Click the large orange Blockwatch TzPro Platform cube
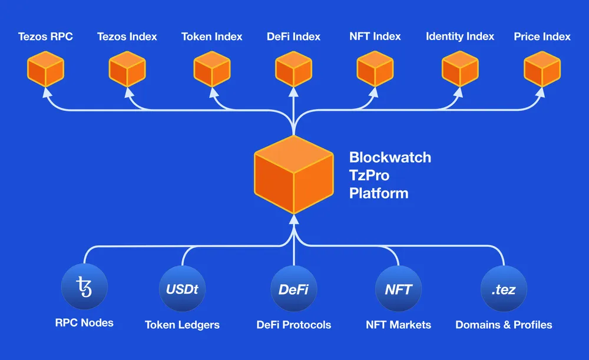pyautogui.click(x=293, y=175)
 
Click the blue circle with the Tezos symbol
pyautogui.click(x=84, y=289)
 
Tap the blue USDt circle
pyautogui.click(x=182, y=289)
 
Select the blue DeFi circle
pyautogui.click(x=293, y=289)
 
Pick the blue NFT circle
pyautogui.click(x=398, y=289)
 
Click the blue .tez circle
pyautogui.click(x=504, y=289)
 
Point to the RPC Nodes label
pyautogui.click(x=84, y=323)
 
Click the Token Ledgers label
pyautogui.click(x=182, y=325)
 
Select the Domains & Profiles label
pyautogui.click(x=504, y=325)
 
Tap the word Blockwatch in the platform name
pyautogui.click(x=390, y=157)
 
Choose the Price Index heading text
pyautogui.click(x=542, y=37)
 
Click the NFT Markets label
pyautogui.click(x=398, y=325)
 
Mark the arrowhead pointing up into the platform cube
pyautogui.click(x=293, y=221)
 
